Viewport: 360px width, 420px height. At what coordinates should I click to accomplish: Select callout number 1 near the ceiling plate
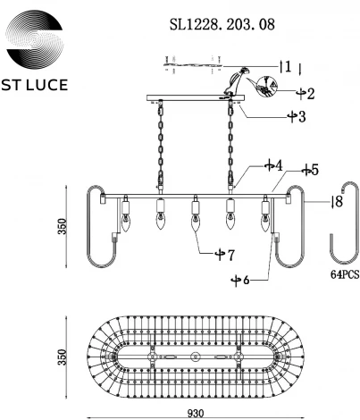click(288, 66)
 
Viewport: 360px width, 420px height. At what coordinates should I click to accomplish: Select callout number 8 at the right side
click(338, 202)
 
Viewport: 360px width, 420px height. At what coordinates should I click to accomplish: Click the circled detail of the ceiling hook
click(267, 88)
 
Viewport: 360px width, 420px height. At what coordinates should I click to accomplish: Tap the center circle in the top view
click(197, 356)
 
